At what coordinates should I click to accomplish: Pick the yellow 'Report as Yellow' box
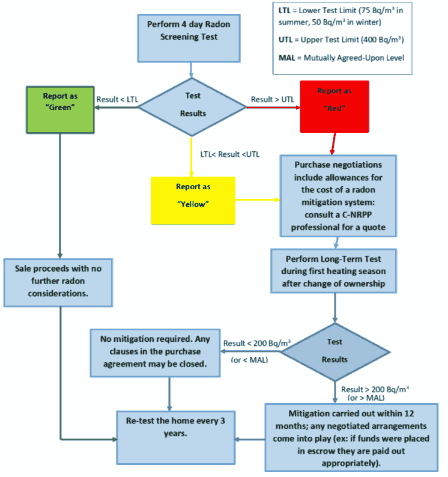193,195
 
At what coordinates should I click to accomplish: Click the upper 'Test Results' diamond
192,105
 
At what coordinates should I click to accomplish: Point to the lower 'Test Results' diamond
334,351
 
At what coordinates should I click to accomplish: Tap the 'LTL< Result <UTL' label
230,154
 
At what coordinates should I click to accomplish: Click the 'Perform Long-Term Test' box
334,272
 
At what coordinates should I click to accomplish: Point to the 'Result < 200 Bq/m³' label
257,344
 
